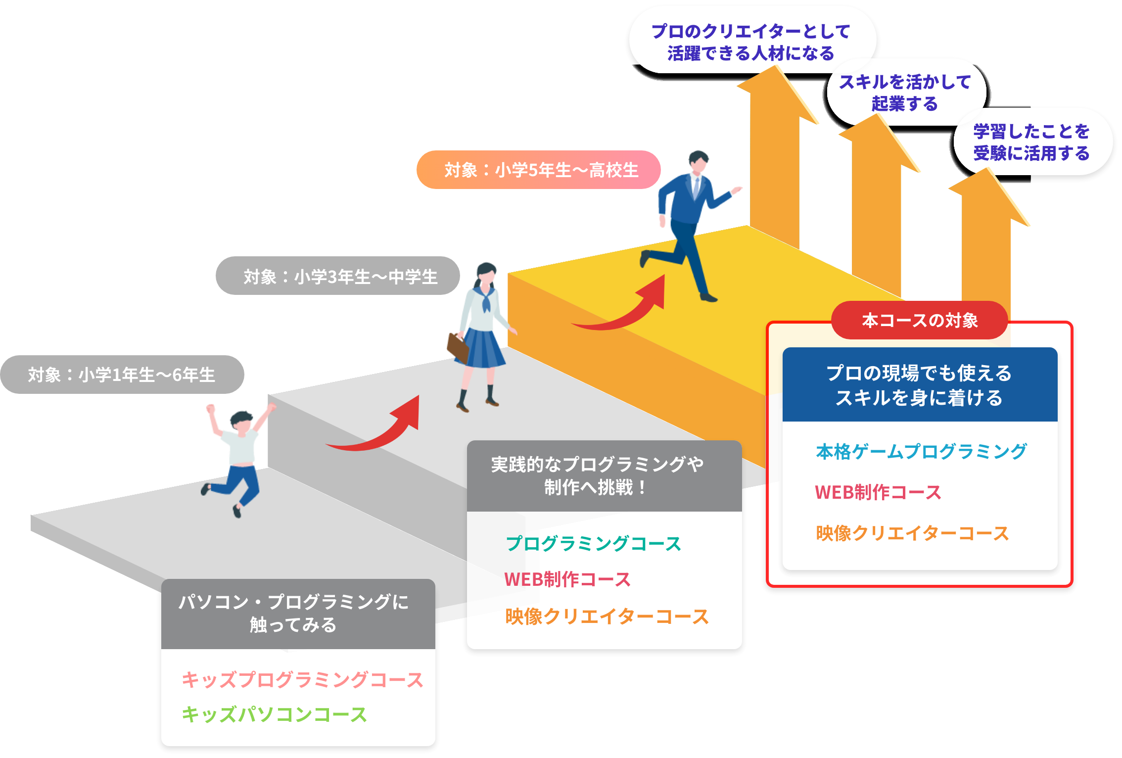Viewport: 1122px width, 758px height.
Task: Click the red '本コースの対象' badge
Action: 920,321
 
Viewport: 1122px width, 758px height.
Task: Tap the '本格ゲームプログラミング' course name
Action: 921,452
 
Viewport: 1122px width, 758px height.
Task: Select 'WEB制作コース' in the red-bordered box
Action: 878,492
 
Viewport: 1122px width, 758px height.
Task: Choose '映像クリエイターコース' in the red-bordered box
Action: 912,533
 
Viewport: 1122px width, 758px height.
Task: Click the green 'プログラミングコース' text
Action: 593,544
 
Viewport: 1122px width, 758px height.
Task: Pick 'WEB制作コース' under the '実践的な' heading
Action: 567,579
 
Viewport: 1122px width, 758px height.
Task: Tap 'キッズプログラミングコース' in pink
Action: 302,680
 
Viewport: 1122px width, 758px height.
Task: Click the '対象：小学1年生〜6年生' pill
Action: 122,375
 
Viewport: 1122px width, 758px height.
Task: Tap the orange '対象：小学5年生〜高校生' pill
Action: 539,170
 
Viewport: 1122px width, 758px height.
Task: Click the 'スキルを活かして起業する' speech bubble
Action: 905,93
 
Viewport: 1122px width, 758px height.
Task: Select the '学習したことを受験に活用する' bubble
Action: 1032,142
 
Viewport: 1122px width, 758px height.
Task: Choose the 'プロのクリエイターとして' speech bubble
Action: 750,42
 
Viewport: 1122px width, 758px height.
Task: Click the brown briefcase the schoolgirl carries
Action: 457,347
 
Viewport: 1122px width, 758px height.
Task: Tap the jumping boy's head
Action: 241,422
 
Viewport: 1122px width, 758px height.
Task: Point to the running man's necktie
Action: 697,188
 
